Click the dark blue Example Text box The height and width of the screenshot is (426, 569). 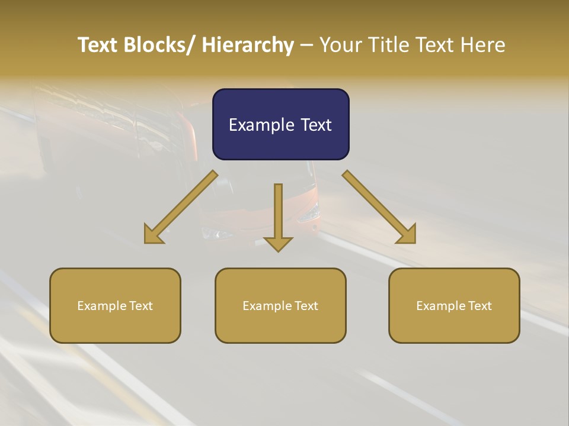pyautogui.click(x=280, y=124)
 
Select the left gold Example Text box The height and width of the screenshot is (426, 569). pyautogui.click(x=115, y=305)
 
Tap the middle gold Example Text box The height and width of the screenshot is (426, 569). pyautogui.click(x=280, y=305)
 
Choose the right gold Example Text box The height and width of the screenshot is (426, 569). pyautogui.click(x=454, y=305)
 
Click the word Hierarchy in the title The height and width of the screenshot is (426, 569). pyautogui.click(x=248, y=45)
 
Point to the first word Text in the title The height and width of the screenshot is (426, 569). pyautogui.click(x=98, y=45)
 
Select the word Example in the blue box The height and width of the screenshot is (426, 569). pyautogui.click(x=260, y=125)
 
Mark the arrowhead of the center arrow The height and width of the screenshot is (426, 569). pyautogui.click(x=278, y=243)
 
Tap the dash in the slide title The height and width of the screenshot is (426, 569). pyautogui.click(x=306, y=45)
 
